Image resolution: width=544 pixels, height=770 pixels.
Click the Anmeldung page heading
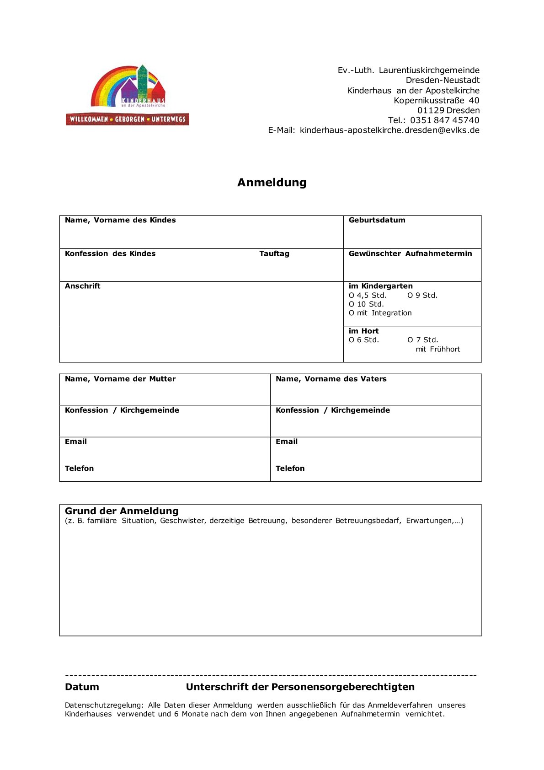coord(272,182)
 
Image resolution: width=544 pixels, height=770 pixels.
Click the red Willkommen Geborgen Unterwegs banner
coord(127,119)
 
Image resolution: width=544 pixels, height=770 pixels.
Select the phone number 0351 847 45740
coord(444,120)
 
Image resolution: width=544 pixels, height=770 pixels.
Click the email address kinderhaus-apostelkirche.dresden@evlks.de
coord(389,130)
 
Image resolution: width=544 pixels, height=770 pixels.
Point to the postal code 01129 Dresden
coord(448,110)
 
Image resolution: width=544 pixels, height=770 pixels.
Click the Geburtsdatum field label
coord(377,220)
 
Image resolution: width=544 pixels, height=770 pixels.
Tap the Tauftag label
coord(274,253)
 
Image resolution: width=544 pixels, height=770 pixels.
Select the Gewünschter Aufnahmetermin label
coord(410,253)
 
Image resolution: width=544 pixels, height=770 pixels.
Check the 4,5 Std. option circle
coord(352,296)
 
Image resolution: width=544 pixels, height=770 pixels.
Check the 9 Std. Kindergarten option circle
coord(410,296)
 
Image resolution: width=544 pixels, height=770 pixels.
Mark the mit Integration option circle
coord(352,313)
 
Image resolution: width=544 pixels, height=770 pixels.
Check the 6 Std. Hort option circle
coord(352,340)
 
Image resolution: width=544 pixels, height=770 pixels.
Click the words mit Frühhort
coord(437,349)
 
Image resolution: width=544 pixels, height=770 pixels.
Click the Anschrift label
coord(82,286)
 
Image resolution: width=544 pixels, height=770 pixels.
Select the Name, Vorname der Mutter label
coord(120,379)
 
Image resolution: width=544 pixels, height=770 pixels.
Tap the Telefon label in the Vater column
coord(290,468)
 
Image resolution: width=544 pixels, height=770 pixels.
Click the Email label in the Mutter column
coord(75,442)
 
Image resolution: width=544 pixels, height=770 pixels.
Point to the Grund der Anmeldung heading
coord(122,511)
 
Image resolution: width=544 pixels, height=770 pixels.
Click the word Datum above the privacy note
coord(82,687)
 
